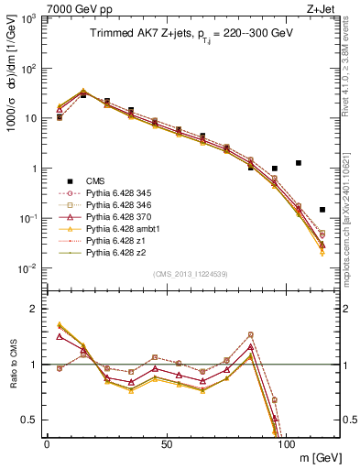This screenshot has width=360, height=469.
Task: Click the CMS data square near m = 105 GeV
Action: click(299, 163)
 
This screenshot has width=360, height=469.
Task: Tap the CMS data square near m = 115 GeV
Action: click(322, 210)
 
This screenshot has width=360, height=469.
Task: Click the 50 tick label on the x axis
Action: click(167, 443)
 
